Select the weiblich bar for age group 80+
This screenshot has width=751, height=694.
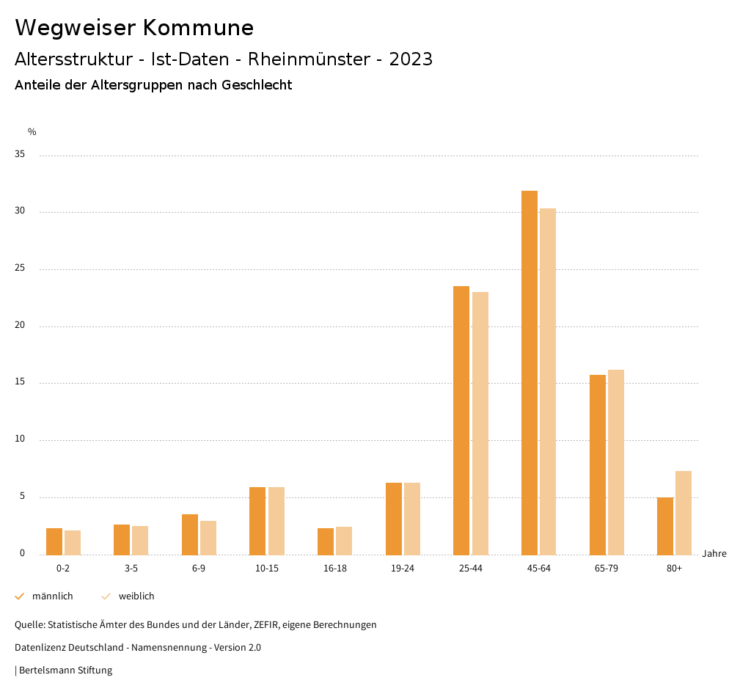684,513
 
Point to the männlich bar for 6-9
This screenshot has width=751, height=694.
190,535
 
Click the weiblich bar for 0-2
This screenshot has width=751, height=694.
73,542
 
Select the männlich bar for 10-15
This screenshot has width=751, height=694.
257,521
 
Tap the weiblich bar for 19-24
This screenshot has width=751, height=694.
412,519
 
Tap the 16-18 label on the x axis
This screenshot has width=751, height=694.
334,569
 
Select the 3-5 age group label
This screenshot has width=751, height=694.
131,569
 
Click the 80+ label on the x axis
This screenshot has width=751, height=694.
674,569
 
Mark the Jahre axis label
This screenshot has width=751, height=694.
714,554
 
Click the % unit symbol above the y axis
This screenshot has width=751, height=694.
32,132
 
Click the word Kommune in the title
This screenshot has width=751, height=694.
198,28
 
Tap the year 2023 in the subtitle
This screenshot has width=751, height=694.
411,59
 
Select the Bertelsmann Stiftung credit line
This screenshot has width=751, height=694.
65,671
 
